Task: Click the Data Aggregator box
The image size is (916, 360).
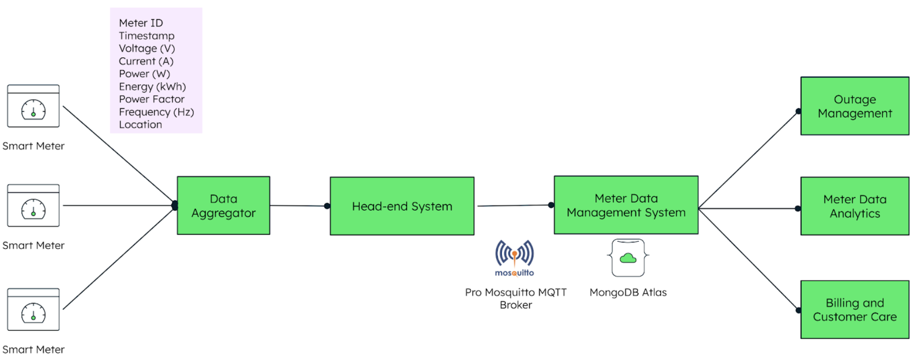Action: click(x=224, y=206)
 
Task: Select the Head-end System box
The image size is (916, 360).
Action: click(x=402, y=206)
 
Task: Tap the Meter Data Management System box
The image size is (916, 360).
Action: click(x=626, y=205)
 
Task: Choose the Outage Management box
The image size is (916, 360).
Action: click(x=854, y=106)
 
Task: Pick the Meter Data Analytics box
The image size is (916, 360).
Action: click(x=854, y=206)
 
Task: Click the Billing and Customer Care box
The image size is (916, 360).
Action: click(x=854, y=310)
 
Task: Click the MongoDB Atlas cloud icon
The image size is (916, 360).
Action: click(x=628, y=258)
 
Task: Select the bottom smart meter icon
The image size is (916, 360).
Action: click(x=33, y=310)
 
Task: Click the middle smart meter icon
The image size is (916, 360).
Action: click(x=33, y=206)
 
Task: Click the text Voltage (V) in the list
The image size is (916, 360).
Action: click(x=147, y=48)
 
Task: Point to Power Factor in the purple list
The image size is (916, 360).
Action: click(x=151, y=99)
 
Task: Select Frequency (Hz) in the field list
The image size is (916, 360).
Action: click(x=156, y=112)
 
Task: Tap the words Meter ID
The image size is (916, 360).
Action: click(x=140, y=23)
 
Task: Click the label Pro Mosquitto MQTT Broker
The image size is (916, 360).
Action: click(x=515, y=299)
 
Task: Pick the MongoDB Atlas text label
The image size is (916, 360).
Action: click(x=628, y=293)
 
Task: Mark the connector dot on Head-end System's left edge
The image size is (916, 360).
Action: click(x=327, y=206)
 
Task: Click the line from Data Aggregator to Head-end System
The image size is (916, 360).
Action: click(x=298, y=206)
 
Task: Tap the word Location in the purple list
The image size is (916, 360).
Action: click(x=140, y=125)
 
